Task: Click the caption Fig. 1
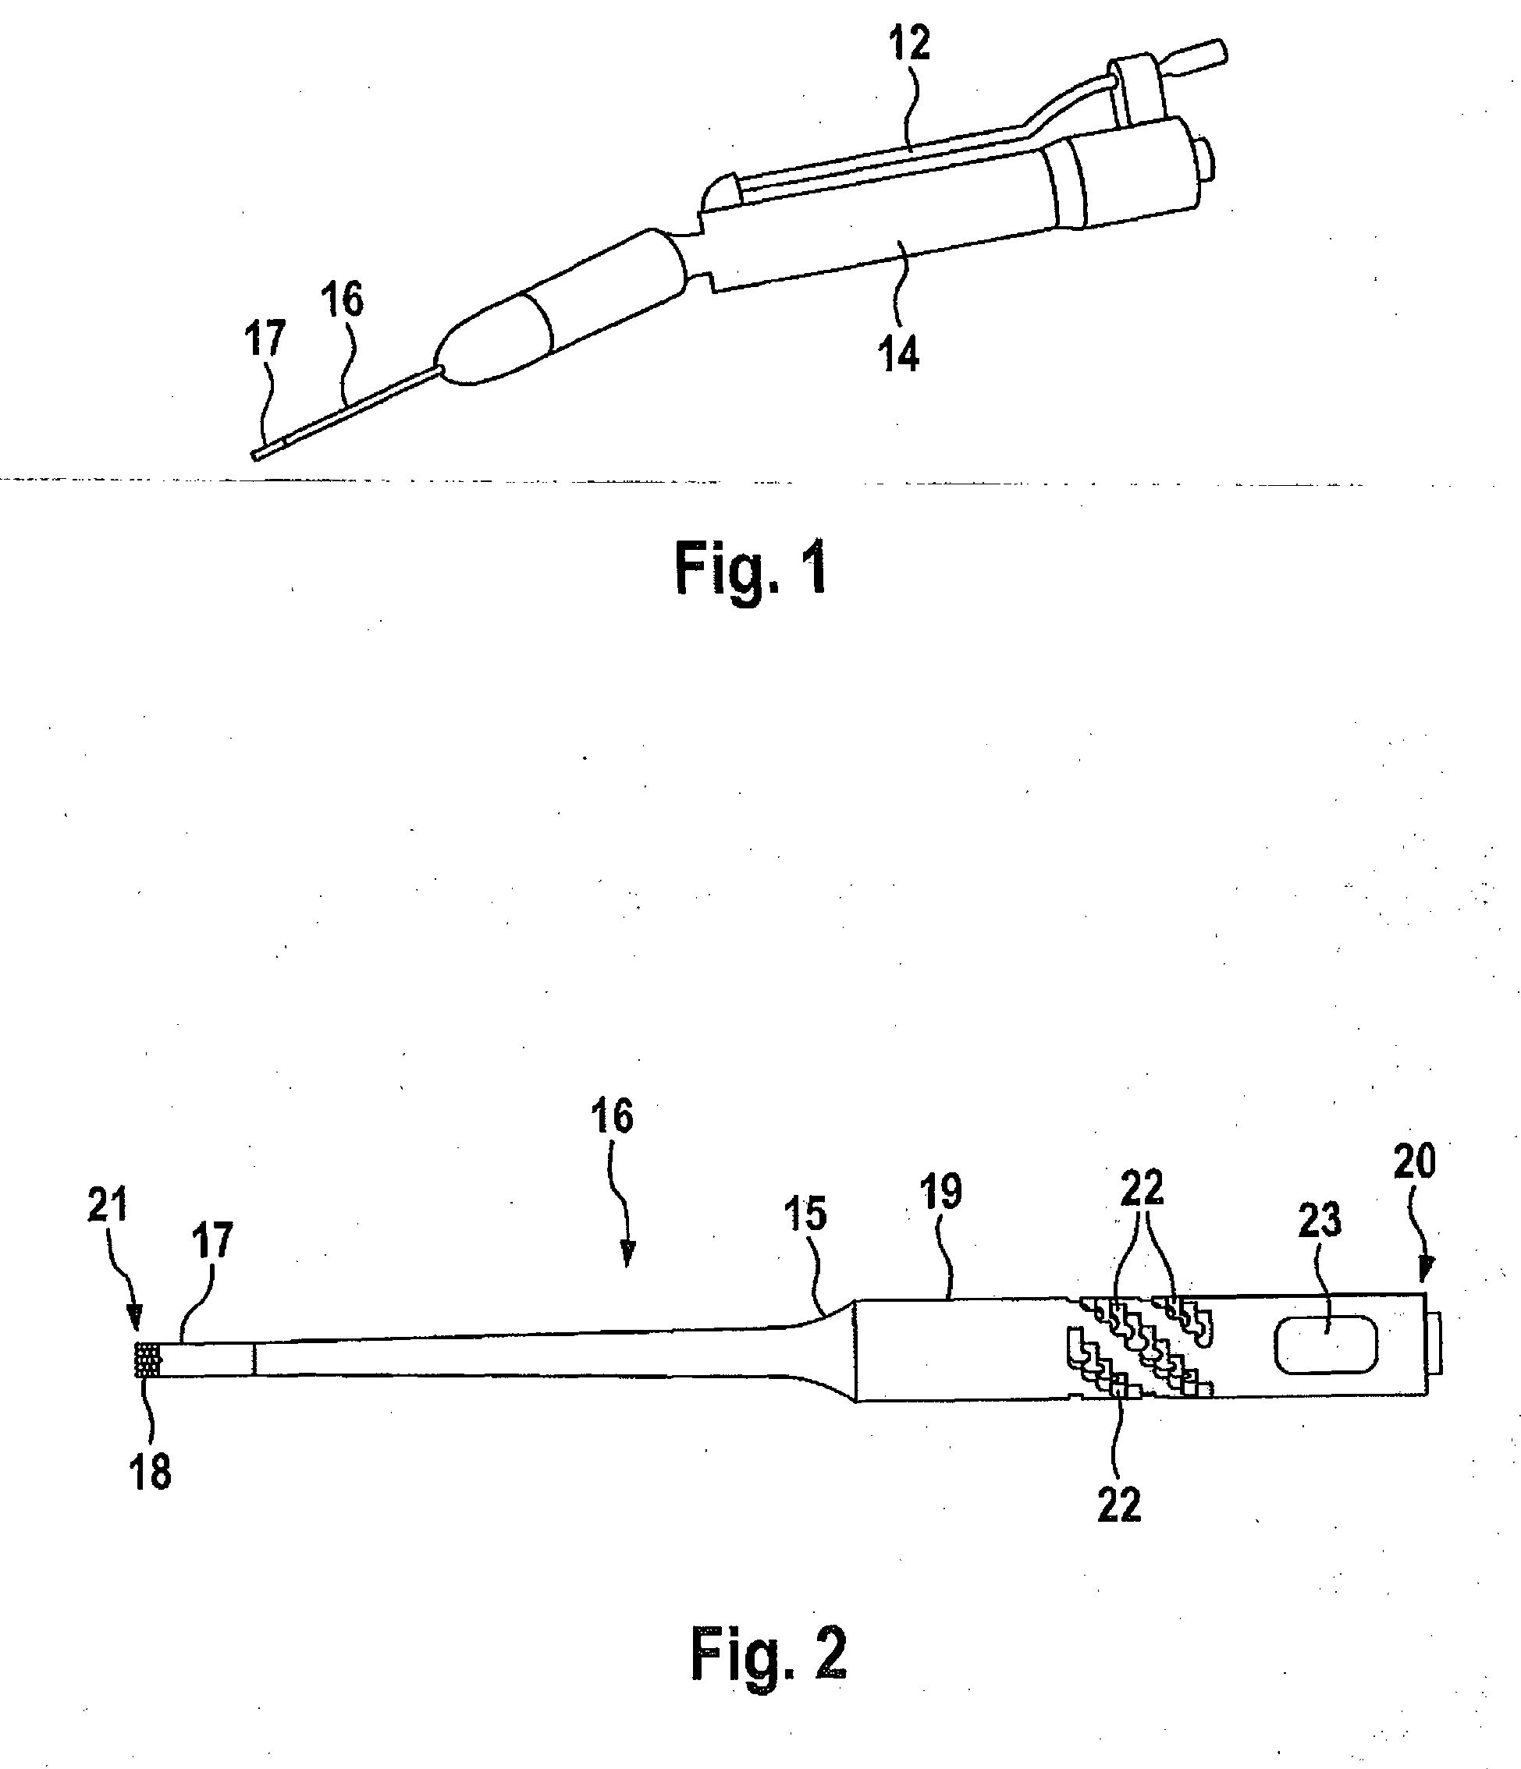[x=751, y=569]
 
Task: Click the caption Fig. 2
[x=768, y=1653]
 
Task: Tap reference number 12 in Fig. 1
[x=908, y=44]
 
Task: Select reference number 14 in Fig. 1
[x=899, y=353]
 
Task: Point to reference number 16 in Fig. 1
[x=342, y=300]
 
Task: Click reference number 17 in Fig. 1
[x=265, y=339]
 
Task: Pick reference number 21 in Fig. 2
[x=108, y=1204]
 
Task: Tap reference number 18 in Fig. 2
[x=151, y=1473]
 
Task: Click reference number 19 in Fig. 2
[x=941, y=1192]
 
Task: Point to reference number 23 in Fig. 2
[x=1320, y=1221]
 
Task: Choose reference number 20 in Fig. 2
[x=1414, y=1162]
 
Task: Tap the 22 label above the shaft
[x=1142, y=1188]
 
